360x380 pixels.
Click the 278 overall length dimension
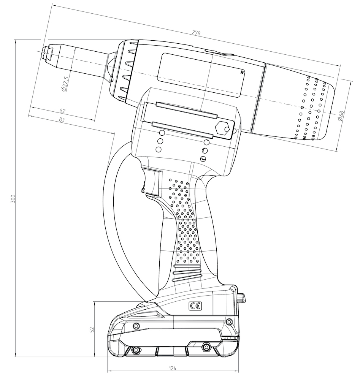pos(196,33)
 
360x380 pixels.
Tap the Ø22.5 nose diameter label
pos(65,84)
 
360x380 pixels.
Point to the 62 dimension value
pos(63,111)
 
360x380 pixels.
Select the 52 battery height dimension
pos(92,329)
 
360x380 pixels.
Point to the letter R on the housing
pos(242,71)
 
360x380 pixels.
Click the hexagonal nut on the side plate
pos(222,128)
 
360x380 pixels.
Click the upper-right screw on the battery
pos(229,322)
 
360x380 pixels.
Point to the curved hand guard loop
pos(110,213)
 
